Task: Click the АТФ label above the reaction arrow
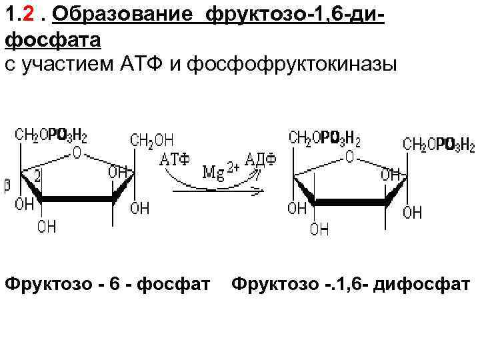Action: point(175,160)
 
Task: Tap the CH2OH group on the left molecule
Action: point(152,141)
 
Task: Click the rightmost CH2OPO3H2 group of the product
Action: point(439,144)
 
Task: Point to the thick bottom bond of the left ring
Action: point(77,198)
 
